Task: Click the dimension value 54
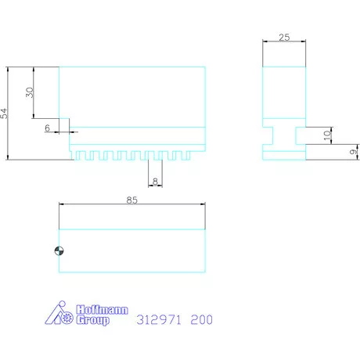click(x=4, y=113)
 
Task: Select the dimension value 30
click(x=30, y=92)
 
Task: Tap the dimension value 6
click(x=47, y=128)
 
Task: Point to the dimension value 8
click(x=155, y=182)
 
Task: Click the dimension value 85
click(x=132, y=200)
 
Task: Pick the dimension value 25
click(x=284, y=38)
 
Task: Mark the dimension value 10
click(x=327, y=135)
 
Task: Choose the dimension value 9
click(x=353, y=152)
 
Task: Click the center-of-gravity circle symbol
click(x=59, y=251)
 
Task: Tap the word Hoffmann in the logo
click(x=102, y=310)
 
